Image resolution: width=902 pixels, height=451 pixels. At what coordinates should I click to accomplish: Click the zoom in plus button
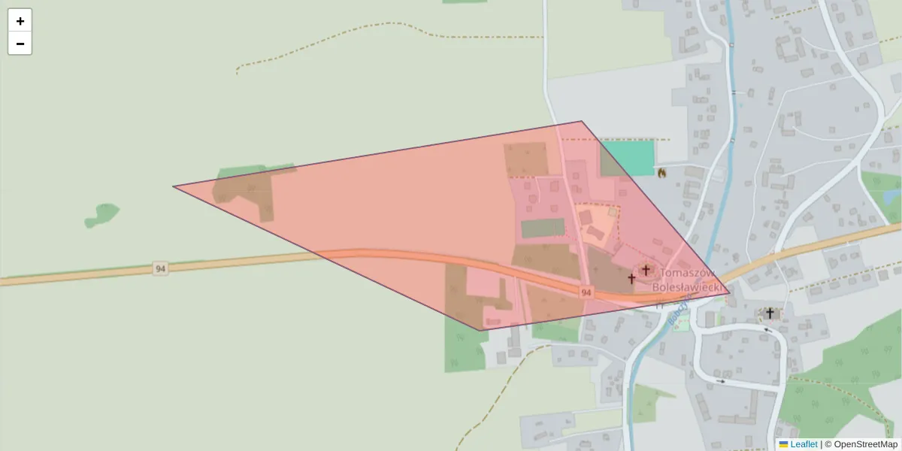point(20,21)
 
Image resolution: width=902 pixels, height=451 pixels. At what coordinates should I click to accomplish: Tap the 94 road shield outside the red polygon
point(159,268)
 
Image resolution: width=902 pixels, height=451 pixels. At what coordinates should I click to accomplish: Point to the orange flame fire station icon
point(661,173)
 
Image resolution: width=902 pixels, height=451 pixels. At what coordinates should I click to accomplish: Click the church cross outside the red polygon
point(770,313)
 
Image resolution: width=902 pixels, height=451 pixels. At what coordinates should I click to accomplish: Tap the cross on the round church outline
point(645,270)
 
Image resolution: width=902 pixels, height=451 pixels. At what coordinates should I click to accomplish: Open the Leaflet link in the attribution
point(804,444)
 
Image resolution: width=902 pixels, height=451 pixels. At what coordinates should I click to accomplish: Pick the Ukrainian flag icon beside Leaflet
point(783,444)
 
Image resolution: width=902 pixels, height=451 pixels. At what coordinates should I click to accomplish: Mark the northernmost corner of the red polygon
point(581,121)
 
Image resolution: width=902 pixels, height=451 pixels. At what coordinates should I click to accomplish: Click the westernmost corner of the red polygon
point(173,186)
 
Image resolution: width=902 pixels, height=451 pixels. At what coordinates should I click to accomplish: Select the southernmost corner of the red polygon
point(480,330)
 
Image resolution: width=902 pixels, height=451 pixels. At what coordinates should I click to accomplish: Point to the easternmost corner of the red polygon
point(729,293)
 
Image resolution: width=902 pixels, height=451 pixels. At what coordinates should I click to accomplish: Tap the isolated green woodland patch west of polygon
point(102,215)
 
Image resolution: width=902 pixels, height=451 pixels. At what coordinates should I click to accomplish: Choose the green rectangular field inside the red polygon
point(543,228)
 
